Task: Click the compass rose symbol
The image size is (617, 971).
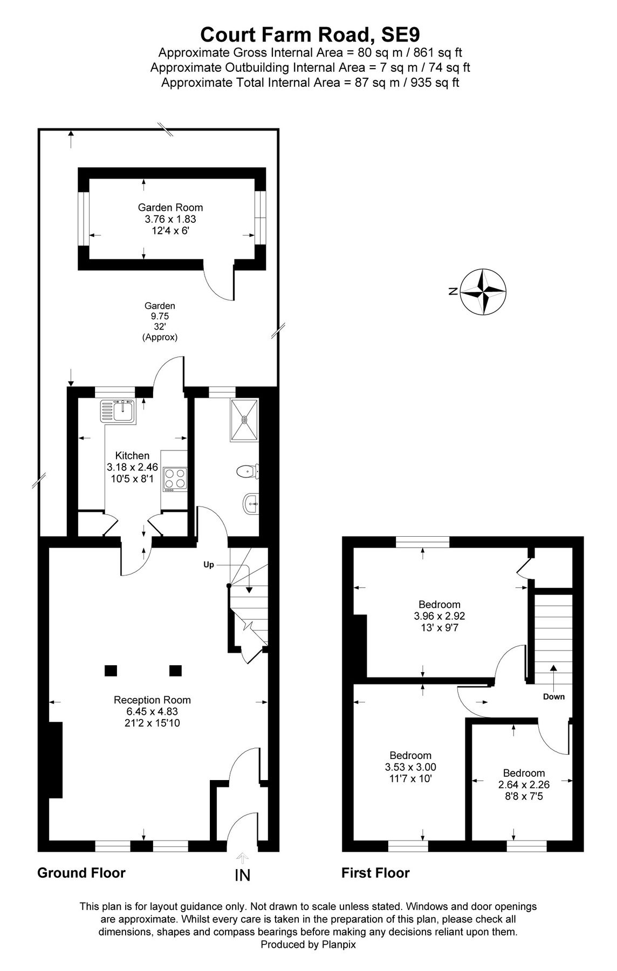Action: pos(484,291)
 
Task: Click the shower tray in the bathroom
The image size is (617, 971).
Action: pos(245,420)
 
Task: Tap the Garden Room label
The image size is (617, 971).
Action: pos(170,207)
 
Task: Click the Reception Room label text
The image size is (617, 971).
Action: pos(152,700)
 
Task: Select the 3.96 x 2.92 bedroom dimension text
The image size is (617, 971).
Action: pos(439,616)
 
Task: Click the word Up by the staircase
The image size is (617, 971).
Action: pos(209,565)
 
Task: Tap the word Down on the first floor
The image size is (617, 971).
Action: pos(553,696)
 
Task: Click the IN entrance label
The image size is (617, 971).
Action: pos(243,875)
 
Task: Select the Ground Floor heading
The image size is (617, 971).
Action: pos(81,873)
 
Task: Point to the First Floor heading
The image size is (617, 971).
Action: pos(375,873)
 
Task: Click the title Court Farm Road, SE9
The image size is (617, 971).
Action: pos(310,35)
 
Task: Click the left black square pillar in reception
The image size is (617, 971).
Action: pos(111,671)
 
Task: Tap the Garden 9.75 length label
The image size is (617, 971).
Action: pos(160,316)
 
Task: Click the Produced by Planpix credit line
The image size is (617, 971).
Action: pos(308,945)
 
